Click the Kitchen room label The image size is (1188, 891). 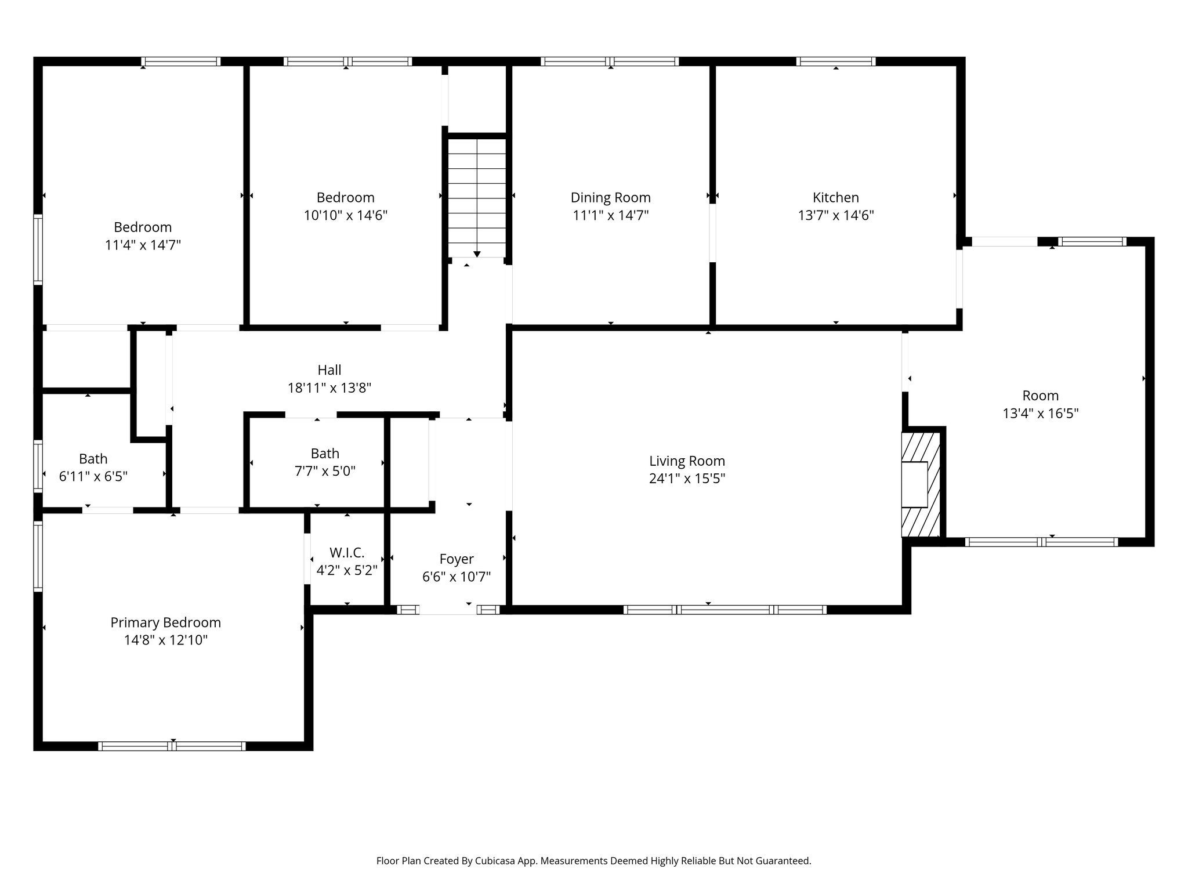click(835, 197)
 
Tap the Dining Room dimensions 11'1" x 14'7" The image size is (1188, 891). click(610, 216)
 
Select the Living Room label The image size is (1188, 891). click(687, 461)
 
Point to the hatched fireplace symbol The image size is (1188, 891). click(921, 484)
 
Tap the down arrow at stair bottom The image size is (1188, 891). click(477, 254)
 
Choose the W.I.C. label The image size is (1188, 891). click(347, 553)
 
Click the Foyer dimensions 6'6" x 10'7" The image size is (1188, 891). click(457, 577)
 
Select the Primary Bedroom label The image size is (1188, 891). click(165, 622)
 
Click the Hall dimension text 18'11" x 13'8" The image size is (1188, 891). click(329, 388)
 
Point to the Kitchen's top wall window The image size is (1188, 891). click(835, 61)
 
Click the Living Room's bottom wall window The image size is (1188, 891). click(725, 610)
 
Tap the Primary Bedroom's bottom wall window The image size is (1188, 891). click(172, 746)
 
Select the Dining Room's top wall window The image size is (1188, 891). click(610, 61)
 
